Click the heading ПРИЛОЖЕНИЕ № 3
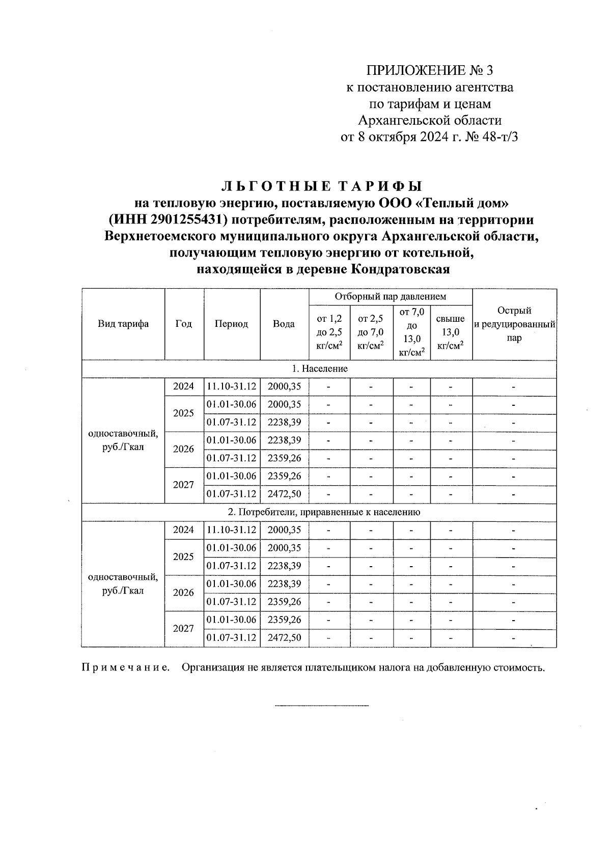(430, 70)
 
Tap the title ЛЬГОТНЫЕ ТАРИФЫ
(323, 186)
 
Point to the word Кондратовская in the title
(401, 269)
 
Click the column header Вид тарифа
(123, 324)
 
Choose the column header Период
(231, 324)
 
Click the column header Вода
(284, 324)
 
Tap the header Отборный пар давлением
(390, 296)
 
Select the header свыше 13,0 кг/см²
(451, 332)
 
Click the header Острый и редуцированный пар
(514, 324)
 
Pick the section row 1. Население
(319, 369)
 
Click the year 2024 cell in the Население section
(183, 386)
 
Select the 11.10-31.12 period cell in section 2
(232, 530)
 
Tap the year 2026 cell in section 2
(183, 593)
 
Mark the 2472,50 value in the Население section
(284, 494)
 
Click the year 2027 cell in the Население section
(183, 485)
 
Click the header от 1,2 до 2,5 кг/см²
(329, 332)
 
